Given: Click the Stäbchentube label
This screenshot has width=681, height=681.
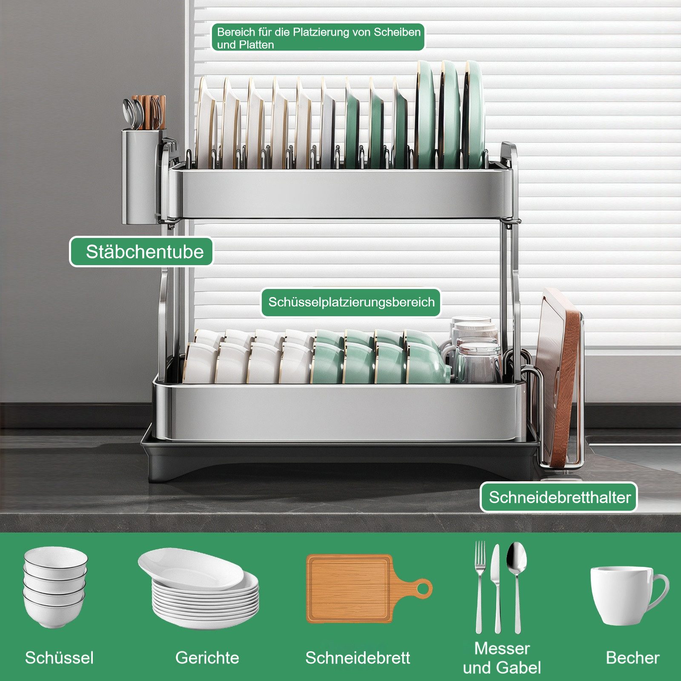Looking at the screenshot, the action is pyautogui.click(x=141, y=252).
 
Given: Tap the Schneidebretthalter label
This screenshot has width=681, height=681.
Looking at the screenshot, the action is pyautogui.click(x=559, y=497).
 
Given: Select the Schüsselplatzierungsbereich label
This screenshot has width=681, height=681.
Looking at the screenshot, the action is pyautogui.click(x=351, y=303).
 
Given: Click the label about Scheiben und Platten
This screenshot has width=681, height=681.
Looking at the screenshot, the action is pyautogui.click(x=318, y=37).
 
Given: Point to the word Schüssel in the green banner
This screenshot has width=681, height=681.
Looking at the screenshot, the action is pyautogui.click(x=59, y=658).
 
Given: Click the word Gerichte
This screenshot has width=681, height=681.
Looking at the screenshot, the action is pyautogui.click(x=207, y=658).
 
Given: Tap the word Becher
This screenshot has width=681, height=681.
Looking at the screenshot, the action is pyautogui.click(x=632, y=658).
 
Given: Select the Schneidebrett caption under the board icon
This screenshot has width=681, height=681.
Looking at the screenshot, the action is pyautogui.click(x=358, y=658).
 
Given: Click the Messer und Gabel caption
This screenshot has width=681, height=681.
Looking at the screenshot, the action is pyautogui.click(x=502, y=658).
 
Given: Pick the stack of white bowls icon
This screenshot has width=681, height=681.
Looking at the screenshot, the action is pyautogui.click(x=55, y=587).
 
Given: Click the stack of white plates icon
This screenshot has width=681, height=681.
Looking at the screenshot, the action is pyautogui.click(x=199, y=587).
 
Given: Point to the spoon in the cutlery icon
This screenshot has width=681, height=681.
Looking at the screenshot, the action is pyautogui.click(x=517, y=587).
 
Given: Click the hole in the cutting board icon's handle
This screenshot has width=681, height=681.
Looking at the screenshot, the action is pyautogui.click(x=423, y=589).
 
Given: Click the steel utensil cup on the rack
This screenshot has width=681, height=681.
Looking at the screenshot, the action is pyautogui.click(x=141, y=176).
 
